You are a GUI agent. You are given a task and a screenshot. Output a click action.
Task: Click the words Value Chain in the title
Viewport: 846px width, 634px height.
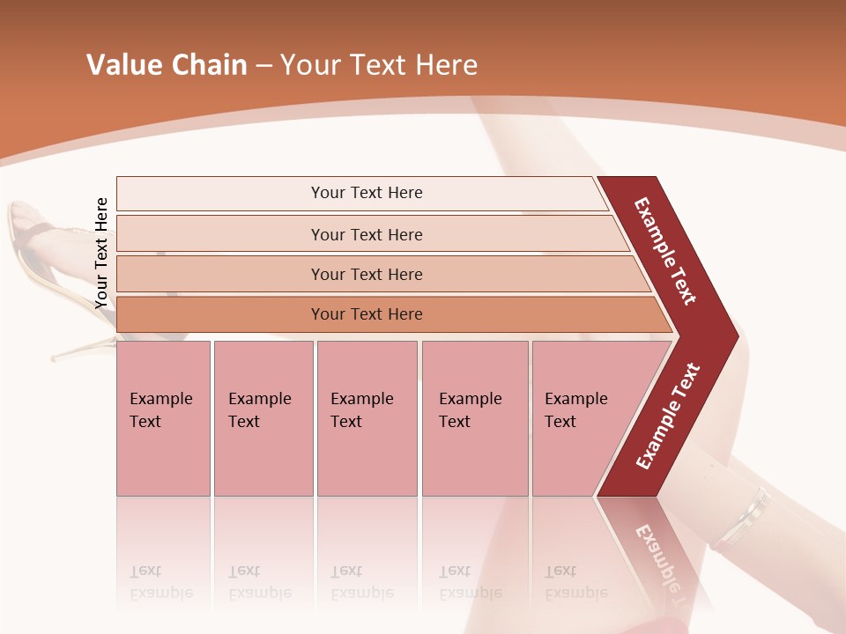click(167, 65)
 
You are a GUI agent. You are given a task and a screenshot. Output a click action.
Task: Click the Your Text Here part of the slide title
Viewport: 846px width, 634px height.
click(379, 65)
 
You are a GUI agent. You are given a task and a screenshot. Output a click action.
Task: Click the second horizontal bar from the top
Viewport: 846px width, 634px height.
click(367, 234)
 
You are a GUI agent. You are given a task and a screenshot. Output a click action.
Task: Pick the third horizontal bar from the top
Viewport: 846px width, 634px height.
click(367, 274)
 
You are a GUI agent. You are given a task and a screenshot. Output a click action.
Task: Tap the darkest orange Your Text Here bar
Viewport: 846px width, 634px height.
click(367, 314)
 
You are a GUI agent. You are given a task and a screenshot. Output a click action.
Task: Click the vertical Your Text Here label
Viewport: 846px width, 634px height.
click(102, 254)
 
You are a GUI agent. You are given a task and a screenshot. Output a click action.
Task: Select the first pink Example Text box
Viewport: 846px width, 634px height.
click(163, 418)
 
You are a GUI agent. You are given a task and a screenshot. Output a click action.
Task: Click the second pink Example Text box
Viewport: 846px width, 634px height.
click(263, 418)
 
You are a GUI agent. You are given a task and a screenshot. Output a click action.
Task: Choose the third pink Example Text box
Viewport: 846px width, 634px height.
click(366, 418)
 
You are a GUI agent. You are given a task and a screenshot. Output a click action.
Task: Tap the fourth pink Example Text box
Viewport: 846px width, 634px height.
click(474, 418)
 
